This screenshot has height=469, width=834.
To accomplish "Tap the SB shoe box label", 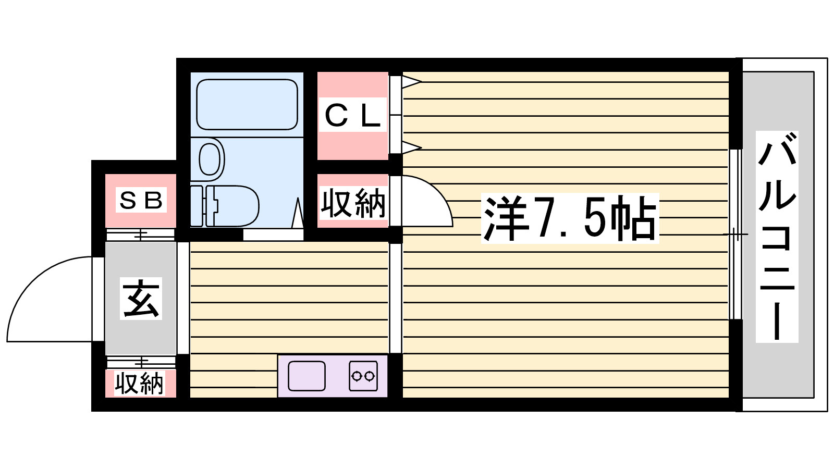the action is pos(141,200).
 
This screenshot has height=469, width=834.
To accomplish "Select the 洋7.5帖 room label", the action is pos(570,218).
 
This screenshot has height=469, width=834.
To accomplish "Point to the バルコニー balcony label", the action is pos(777,237).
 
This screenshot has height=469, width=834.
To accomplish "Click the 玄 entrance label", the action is pos(141,298).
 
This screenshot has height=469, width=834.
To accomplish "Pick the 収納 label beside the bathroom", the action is pos(352,203).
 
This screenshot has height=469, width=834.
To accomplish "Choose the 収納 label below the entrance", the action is pos(139,383).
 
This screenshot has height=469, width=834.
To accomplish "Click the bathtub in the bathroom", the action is pos(247,105).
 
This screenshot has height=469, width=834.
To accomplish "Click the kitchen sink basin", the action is pos(306,376).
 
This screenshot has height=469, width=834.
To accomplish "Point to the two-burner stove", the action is pos(363,376).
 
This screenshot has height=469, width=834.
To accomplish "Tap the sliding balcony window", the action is pos(735,234).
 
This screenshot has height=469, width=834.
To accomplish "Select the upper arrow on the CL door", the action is pos(411,82).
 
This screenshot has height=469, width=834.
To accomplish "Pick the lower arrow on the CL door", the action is pos(411,147).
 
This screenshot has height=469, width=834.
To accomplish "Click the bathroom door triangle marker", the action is pos(298,213).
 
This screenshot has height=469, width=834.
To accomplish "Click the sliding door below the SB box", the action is pos(140,234).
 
